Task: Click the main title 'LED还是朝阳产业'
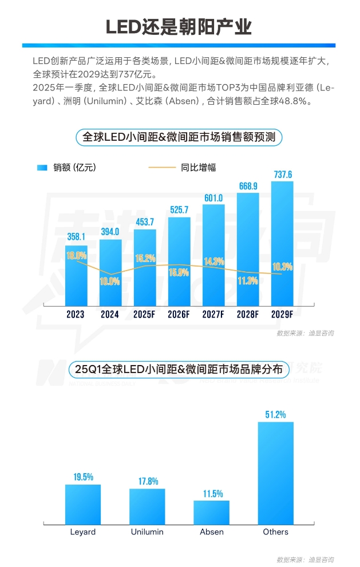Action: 179,27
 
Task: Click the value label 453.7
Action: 144,223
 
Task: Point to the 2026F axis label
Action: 179,314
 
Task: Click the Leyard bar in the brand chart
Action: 83,503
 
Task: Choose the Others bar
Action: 275,472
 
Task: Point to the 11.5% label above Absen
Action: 212,494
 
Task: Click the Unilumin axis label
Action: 147,532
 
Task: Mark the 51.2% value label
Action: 275,414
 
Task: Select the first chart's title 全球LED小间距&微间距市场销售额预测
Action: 179,137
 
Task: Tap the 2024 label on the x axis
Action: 110,314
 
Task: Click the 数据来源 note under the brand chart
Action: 304,558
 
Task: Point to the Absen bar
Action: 212,511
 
